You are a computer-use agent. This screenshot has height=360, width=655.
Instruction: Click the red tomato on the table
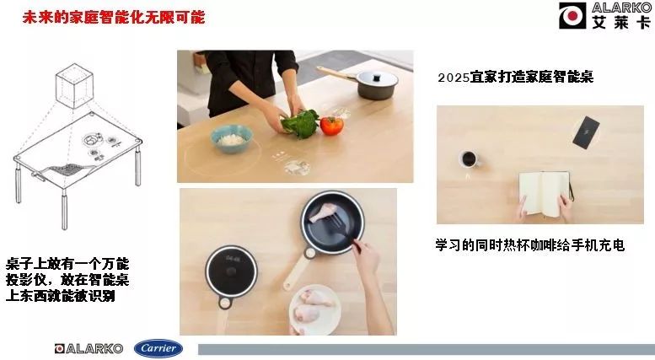(x=331, y=125)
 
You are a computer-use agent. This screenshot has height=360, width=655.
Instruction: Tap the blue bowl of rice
(x=232, y=138)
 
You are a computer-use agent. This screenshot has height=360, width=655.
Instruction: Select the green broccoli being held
(x=301, y=123)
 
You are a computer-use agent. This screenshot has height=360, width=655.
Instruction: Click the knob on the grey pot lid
(x=377, y=78)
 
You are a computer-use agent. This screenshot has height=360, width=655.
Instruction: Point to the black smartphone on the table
(x=586, y=132)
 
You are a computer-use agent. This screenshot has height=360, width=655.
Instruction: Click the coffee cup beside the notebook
(x=469, y=159)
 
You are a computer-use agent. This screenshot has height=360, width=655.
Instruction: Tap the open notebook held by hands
(x=545, y=193)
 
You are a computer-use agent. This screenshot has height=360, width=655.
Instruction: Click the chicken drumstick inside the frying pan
(x=323, y=212)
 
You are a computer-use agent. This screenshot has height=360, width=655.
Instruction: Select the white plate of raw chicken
(x=315, y=309)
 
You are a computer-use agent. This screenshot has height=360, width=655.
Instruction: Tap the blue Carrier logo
(x=158, y=348)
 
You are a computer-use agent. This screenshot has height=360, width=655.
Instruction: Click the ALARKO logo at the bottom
(x=89, y=348)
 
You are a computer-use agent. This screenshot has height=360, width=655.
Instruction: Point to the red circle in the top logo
(x=572, y=16)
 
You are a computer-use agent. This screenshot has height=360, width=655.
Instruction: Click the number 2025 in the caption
(x=454, y=78)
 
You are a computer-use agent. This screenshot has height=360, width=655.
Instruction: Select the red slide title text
(x=114, y=18)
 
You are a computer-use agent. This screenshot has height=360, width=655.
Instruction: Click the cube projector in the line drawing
(x=74, y=86)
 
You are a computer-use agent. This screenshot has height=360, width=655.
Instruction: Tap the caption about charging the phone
(x=529, y=244)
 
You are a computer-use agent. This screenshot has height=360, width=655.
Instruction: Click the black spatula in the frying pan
(x=342, y=228)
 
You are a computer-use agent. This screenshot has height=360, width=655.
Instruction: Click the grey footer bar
(x=427, y=350)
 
